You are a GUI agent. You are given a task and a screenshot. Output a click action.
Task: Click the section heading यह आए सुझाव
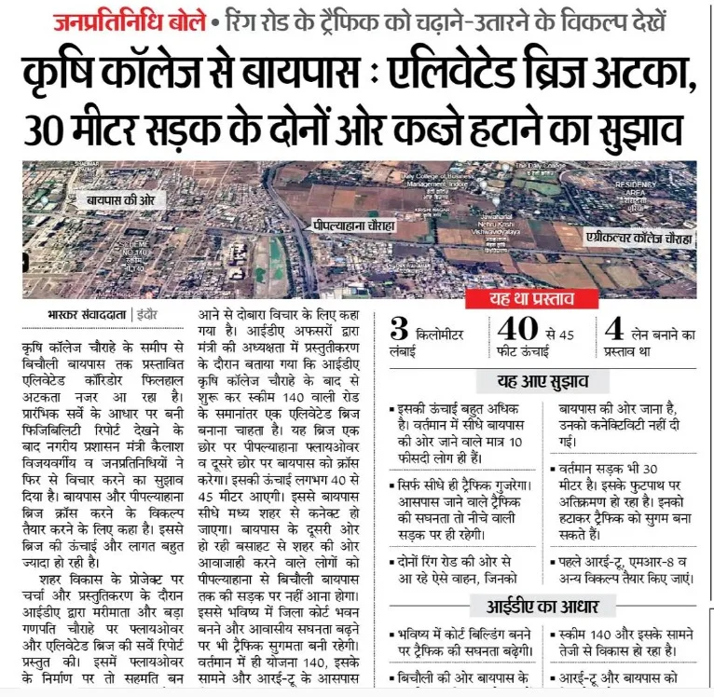click(x=543, y=381)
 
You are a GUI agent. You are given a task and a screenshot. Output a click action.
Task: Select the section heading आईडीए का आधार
click(x=543, y=607)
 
